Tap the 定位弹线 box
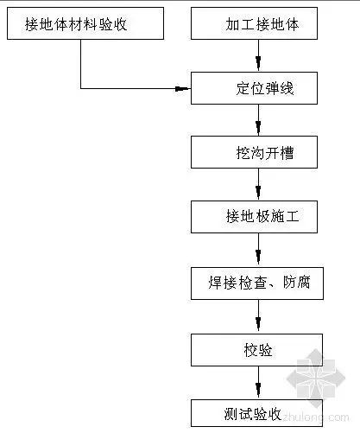[x=257, y=88]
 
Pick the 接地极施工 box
[x=257, y=215]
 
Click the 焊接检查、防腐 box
[x=257, y=280]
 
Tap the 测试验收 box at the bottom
[x=257, y=411]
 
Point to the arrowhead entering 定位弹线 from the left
[x=183, y=88]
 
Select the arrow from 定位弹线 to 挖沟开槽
[x=257, y=120]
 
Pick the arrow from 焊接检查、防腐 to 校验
[x=257, y=314]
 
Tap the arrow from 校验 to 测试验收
[x=257, y=379]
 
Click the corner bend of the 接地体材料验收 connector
[x=81, y=88]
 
